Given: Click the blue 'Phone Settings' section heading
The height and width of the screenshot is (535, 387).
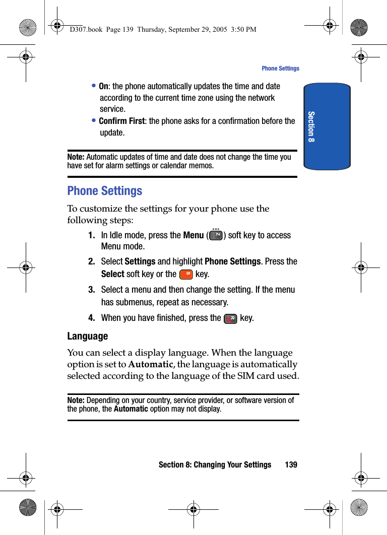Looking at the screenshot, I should point(105,191).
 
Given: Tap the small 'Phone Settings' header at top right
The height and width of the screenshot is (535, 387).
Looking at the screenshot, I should point(280,69).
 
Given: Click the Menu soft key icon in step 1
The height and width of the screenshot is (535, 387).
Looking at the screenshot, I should point(216,235).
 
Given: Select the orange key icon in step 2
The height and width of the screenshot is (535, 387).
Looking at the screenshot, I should point(186,274).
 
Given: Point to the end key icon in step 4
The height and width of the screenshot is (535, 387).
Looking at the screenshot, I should point(231,318).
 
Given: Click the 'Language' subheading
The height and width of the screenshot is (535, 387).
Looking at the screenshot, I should point(88,336).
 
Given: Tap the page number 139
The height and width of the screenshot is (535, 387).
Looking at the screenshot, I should point(291,464).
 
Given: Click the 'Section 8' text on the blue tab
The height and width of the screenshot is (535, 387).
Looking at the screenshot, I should point(311,126).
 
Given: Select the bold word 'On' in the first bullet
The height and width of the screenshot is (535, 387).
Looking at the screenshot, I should point(103,87).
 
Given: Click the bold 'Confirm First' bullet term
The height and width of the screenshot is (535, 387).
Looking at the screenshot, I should point(121,121).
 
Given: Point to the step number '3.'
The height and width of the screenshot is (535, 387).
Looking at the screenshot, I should point(92,290).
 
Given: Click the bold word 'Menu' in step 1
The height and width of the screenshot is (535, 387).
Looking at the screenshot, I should point(193,235).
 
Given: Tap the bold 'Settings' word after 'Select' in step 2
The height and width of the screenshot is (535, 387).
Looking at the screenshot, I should point(140,261).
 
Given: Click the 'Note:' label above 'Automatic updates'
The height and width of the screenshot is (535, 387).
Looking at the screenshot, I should point(76,157).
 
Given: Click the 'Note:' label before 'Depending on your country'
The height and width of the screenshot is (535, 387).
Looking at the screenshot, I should point(76,400).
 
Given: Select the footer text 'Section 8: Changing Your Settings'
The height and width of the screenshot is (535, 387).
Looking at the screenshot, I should point(215,464).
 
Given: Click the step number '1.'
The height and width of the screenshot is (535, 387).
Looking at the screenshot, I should point(92,235).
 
